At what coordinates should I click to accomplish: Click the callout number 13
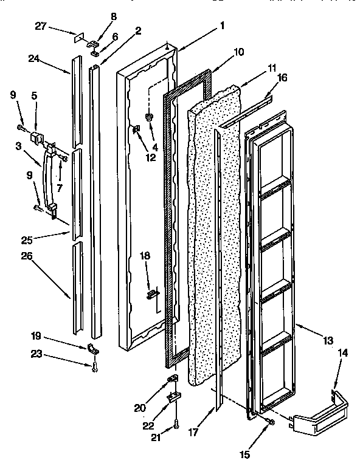328,341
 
